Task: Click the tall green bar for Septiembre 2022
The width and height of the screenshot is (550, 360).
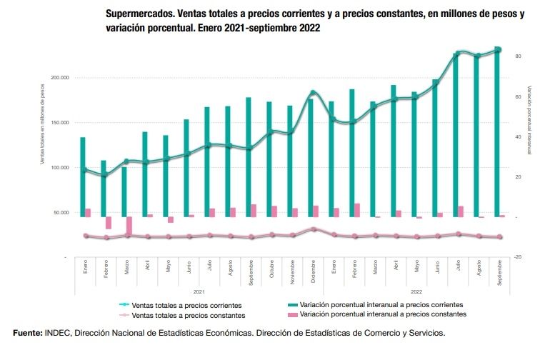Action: pyautogui.click(x=497, y=132)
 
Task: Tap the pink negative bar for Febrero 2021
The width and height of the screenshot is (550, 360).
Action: pyautogui.click(x=109, y=223)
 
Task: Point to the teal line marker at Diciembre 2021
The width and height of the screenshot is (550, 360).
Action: pyautogui.click(x=312, y=93)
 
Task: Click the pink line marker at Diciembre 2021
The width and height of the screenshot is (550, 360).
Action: pyautogui.click(x=312, y=229)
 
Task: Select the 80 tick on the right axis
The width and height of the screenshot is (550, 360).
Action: pyautogui.click(x=517, y=56)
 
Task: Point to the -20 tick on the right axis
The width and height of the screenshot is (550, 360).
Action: pyautogui.click(x=517, y=257)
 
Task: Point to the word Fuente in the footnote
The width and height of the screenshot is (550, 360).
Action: pyautogui.click(x=27, y=333)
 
